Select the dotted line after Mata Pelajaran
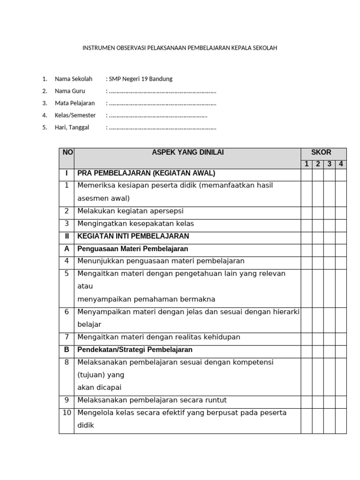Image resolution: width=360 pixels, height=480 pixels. pyautogui.click(x=162, y=103)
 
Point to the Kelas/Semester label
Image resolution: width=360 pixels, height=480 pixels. pyautogui.click(x=75, y=115)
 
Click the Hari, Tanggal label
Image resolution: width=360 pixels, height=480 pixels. pyautogui.click(x=72, y=127)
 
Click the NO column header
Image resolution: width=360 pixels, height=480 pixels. pyautogui.click(x=67, y=153)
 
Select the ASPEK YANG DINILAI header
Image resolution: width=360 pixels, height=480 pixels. pyautogui.click(x=187, y=153)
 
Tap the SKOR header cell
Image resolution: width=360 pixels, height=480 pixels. pyautogui.click(x=323, y=153)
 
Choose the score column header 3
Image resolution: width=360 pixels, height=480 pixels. pyautogui.click(x=330, y=164)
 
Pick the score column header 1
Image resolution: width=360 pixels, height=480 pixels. pyautogui.click(x=307, y=164)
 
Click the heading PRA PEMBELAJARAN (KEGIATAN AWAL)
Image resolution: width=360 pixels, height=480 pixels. pyautogui.click(x=146, y=173)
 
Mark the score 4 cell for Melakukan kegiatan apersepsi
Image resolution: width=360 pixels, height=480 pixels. pyautogui.click(x=341, y=211)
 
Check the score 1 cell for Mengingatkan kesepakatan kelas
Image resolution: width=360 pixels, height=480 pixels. pyautogui.click(x=307, y=224)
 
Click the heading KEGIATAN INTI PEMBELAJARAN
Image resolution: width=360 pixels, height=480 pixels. pyautogui.click(x=133, y=236)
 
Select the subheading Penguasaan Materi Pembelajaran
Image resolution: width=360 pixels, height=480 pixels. pyautogui.click(x=133, y=249)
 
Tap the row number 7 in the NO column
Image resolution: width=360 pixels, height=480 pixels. pyautogui.click(x=67, y=337)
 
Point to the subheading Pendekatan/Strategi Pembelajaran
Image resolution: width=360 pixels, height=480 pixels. pyautogui.click(x=135, y=350)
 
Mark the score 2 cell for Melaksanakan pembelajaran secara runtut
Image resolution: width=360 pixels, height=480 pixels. pyautogui.click(x=318, y=401)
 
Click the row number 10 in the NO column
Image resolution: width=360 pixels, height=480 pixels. pyautogui.click(x=67, y=413)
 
